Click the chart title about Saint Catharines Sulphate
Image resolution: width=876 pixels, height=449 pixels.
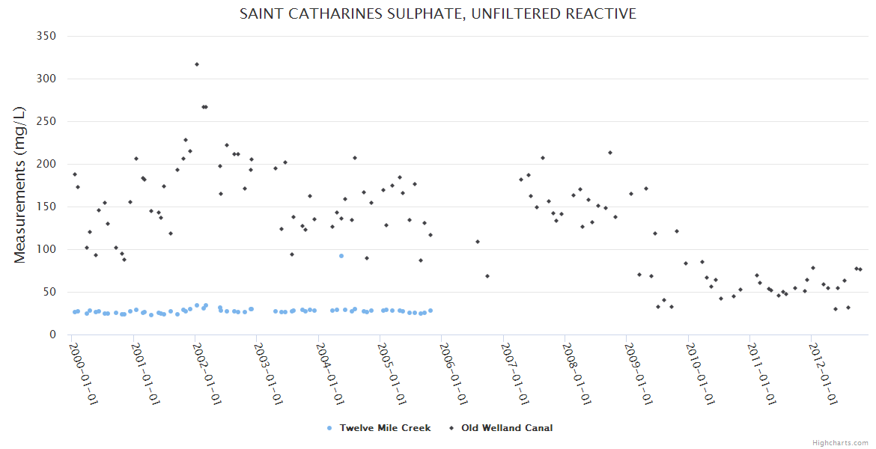pos(437,14)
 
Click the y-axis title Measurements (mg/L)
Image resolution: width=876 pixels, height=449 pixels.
pos(20,185)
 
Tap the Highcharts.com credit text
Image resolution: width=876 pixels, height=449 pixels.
pos(840,442)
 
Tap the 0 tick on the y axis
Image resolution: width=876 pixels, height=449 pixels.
pos(52,335)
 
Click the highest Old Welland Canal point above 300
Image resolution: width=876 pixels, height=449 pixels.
pos(197,64)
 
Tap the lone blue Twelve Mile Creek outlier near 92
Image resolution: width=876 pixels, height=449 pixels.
pos(341,256)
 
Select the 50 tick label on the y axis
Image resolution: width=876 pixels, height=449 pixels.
pos(49,292)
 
